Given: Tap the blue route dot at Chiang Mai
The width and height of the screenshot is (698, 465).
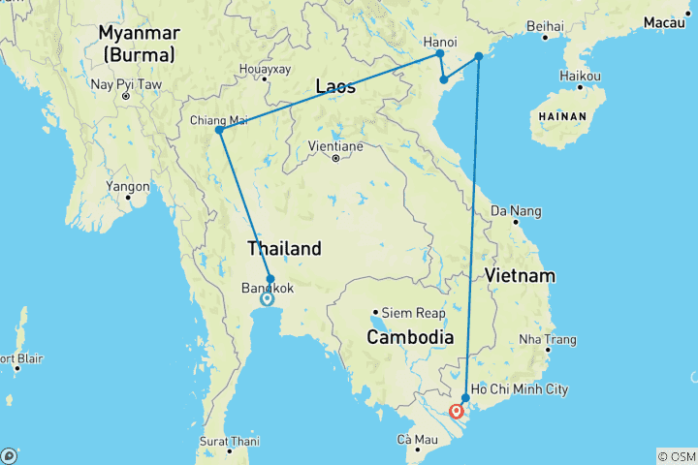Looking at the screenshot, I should point(220,130).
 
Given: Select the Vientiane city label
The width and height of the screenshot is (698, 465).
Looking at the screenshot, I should point(334,145).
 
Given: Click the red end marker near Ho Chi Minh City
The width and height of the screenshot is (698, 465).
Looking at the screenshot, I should point(457,411).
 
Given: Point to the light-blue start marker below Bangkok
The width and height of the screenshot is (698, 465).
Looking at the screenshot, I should point(267,299).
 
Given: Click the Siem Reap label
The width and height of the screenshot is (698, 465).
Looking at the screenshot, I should point(414,313).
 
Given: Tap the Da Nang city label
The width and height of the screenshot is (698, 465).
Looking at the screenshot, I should point(513,209).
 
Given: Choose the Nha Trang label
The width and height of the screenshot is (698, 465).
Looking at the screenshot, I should point(548,339).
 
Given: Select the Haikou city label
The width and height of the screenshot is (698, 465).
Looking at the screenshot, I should point(582,76).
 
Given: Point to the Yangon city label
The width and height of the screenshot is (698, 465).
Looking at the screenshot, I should point(129,186).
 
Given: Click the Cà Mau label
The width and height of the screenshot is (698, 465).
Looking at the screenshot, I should point(417,441).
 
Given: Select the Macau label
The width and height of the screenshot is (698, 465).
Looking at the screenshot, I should point(670,21).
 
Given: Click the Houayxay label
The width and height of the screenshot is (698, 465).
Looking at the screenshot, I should point(264,70).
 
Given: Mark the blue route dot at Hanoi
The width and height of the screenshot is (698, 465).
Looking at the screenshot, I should point(440,54).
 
